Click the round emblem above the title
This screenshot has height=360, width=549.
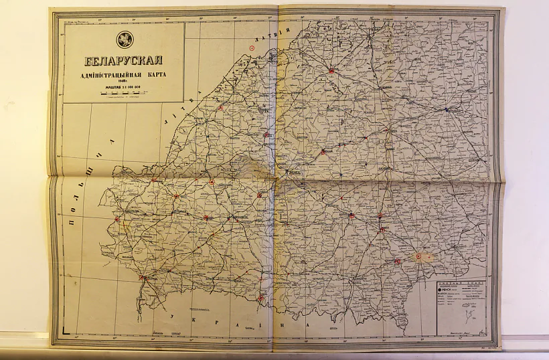tap(124, 39)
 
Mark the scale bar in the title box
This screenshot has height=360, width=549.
tap(124, 95)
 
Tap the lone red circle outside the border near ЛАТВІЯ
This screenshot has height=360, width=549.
tap(252, 48)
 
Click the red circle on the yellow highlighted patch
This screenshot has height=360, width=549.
tap(419, 256)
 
